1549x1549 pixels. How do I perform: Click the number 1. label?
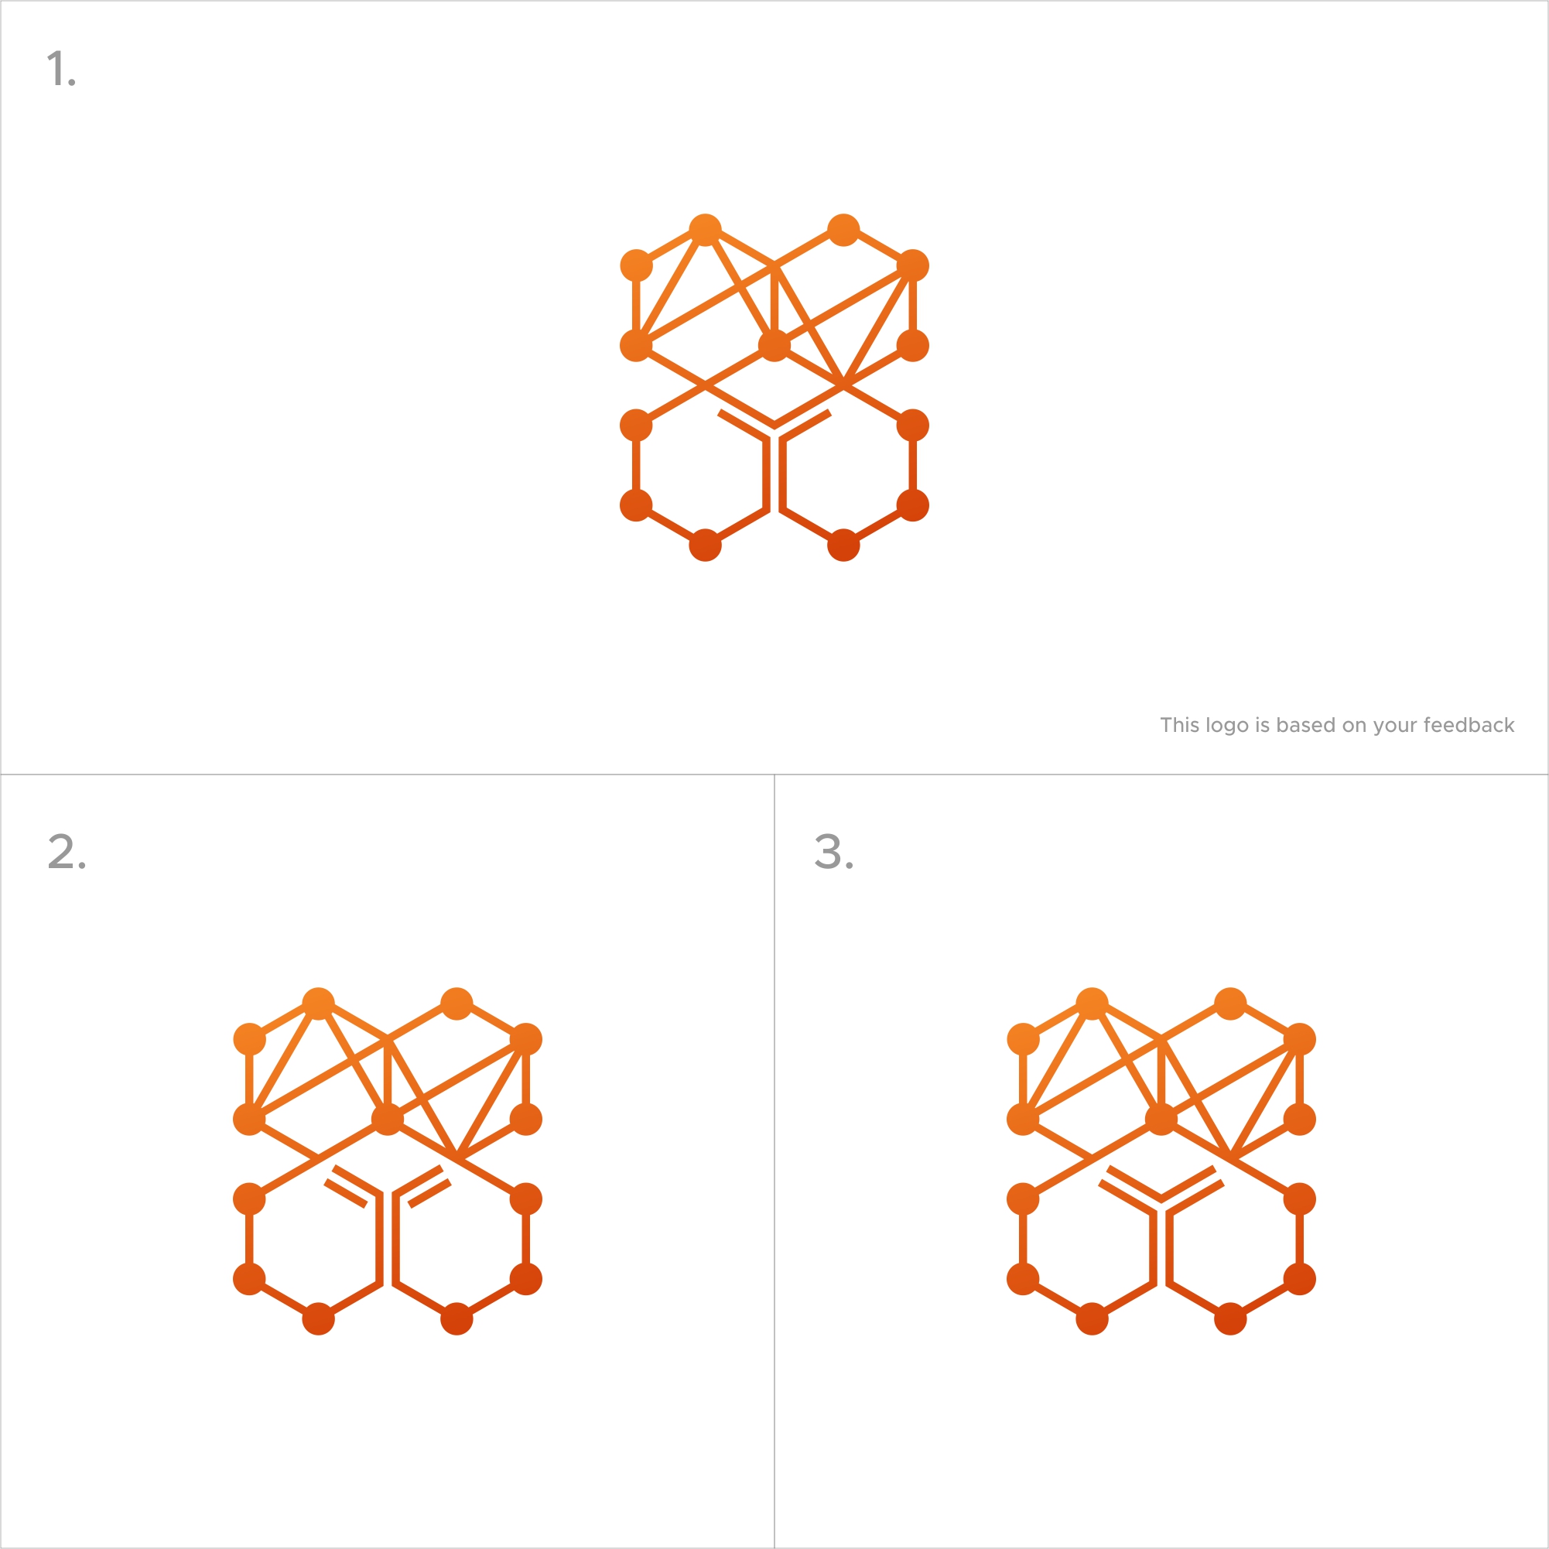[x=61, y=69]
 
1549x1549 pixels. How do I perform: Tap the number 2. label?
[x=67, y=851]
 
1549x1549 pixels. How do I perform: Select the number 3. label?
[x=834, y=851]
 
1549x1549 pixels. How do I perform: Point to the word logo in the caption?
[x=1226, y=727]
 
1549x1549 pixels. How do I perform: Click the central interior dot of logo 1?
[x=774, y=346]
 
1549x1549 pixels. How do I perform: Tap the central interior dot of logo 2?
[x=387, y=1120]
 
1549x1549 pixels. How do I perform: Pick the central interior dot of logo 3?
[x=1161, y=1120]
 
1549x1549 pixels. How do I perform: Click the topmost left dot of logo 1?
[x=706, y=230]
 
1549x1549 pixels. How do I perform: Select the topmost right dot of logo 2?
[x=457, y=1004]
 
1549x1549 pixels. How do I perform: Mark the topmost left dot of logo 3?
[x=1092, y=1004]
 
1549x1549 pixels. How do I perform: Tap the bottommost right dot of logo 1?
[x=843, y=545]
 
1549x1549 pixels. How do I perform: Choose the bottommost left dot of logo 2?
[x=318, y=1319]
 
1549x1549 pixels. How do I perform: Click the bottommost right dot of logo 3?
[x=1231, y=1319]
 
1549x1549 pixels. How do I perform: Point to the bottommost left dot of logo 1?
[x=706, y=545]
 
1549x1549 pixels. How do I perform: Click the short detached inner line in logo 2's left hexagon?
[x=346, y=1193]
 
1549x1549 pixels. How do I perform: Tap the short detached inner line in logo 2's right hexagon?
[x=429, y=1193]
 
